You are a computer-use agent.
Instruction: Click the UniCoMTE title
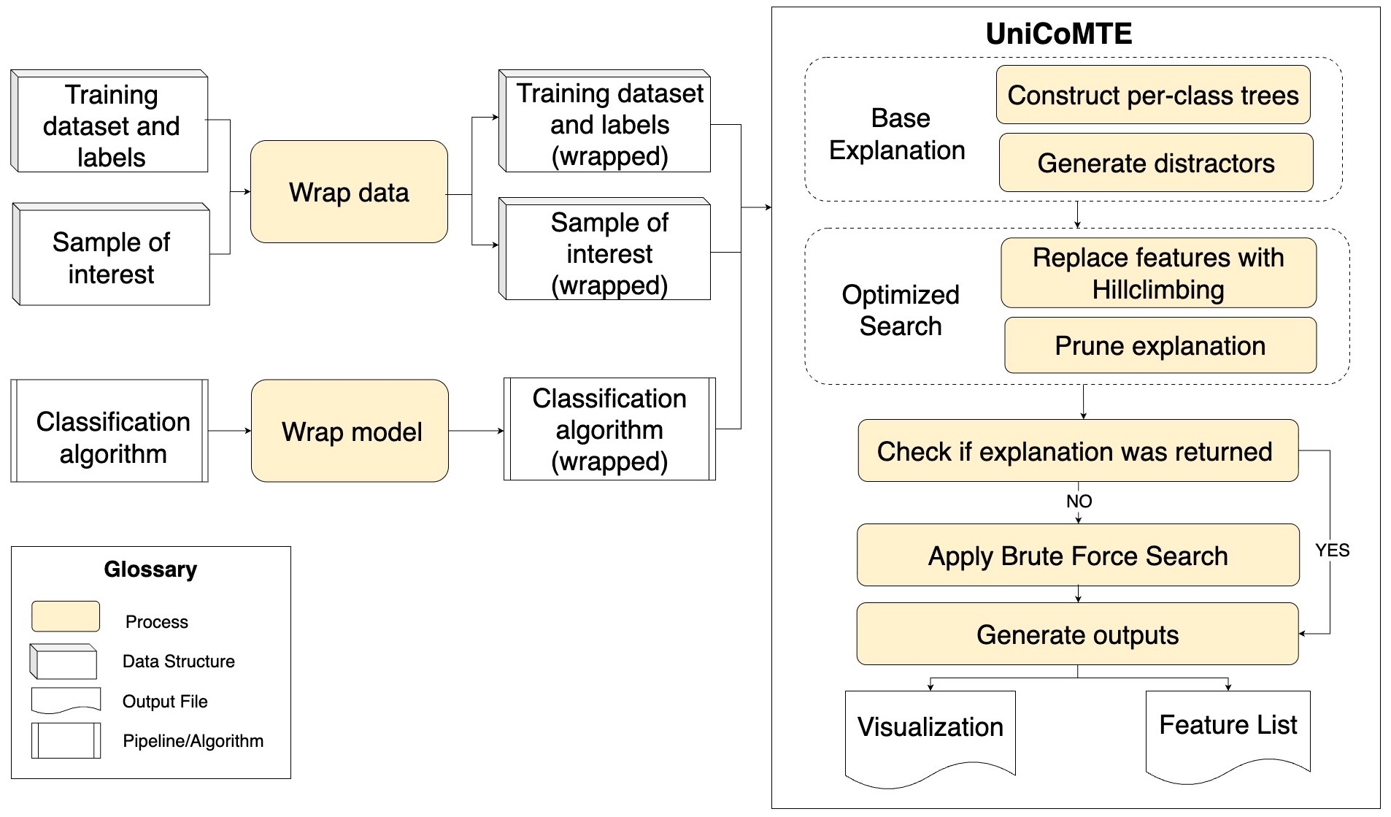click(x=1058, y=34)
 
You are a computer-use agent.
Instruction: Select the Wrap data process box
click(x=349, y=192)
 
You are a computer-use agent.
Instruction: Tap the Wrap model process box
click(x=350, y=431)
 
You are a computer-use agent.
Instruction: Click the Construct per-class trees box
click(x=1153, y=95)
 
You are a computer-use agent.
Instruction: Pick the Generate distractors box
click(x=1155, y=163)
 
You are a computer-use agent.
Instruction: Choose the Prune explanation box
click(x=1160, y=345)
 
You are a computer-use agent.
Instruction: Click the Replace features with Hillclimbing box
click(x=1158, y=273)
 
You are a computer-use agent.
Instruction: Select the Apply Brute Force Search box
click(x=1078, y=555)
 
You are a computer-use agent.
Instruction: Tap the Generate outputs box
click(x=1077, y=634)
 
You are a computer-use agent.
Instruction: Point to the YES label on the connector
click(x=1332, y=550)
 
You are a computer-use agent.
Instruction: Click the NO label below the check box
click(x=1079, y=501)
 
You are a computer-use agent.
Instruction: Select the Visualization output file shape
click(x=930, y=734)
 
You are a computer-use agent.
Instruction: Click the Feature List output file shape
click(x=1228, y=732)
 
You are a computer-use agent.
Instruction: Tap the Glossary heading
click(x=150, y=569)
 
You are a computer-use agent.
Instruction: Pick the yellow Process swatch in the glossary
click(x=66, y=616)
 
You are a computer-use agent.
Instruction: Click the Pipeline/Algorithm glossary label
click(x=193, y=741)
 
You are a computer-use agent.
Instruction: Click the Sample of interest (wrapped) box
click(x=609, y=253)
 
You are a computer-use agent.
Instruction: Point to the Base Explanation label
click(x=897, y=134)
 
